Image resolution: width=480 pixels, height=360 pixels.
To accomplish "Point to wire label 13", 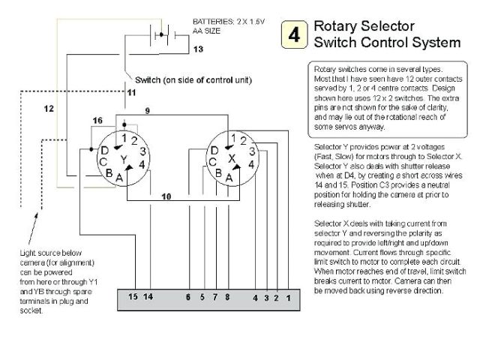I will tap(198, 49).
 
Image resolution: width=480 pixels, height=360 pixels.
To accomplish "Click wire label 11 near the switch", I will tap(131, 92).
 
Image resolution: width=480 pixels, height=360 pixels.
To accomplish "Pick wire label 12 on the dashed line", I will tap(49, 109).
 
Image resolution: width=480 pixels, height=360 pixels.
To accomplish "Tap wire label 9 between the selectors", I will tap(147, 112).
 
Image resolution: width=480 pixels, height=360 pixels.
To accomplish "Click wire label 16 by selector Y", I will tap(97, 121).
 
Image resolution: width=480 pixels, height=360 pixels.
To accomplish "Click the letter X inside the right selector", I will tap(232, 158).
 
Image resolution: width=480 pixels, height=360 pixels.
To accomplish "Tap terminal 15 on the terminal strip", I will tap(132, 298).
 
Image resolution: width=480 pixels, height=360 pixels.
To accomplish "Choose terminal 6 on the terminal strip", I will tap(188, 298).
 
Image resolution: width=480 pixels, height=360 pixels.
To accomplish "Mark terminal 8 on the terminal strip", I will tap(226, 298).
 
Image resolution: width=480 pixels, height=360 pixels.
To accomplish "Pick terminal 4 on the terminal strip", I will tap(255, 298).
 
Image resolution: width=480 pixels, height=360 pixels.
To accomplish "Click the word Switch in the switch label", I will tap(148, 79).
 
